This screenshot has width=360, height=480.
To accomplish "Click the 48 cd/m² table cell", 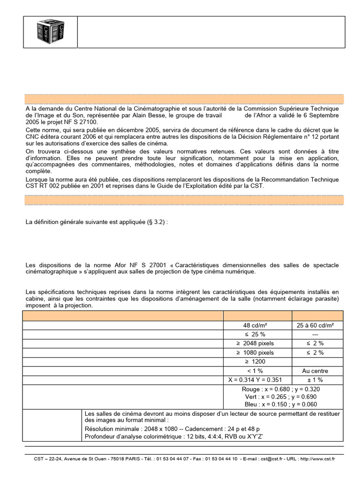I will (x=258, y=325).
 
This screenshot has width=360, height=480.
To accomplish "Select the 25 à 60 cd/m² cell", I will (x=318, y=325).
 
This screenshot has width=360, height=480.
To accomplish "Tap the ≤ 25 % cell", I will (x=258, y=334).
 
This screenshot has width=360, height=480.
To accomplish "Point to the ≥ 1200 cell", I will (x=258, y=361).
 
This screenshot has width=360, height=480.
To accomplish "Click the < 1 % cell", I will (x=258, y=371).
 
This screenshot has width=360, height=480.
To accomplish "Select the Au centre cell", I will (x=318, y=371).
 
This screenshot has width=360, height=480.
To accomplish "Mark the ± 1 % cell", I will (x=318, y=380).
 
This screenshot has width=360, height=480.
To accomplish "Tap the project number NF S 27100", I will (x=78, y=121).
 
